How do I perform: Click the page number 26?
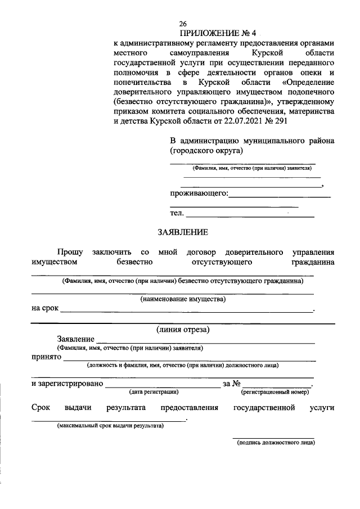183,24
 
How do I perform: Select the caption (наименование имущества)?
183,299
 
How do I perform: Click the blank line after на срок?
186,311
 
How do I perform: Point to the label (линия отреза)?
183,330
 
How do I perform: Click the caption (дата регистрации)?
154,391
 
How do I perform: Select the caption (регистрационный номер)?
276,391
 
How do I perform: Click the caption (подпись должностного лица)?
276,443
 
